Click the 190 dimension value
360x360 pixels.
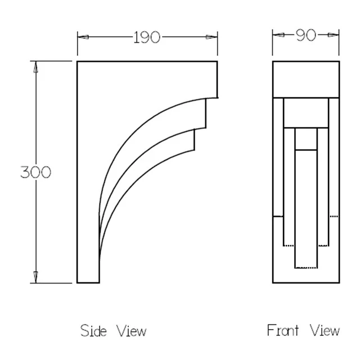pyautogui.click(x=146, y=38)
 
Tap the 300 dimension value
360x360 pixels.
pyautogui.click(x=35, y=172)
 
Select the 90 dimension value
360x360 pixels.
pyautogui.click(x=306, y=35)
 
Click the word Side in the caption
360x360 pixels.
pyautogui.click(x=93, y=331)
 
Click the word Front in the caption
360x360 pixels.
pyautogui.click(x=283, y=330)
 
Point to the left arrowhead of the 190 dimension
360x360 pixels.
pyautogui.click(x=83, y=37)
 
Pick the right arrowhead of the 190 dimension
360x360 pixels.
pyautogui.click(x=211, y=37)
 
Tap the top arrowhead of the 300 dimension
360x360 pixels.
pyautogui.click(x=35, y=67)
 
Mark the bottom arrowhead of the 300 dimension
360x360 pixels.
pyautogui.click(x=35, y=277)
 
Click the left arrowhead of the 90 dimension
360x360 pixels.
pyautogui.click(x=278, y=35)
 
